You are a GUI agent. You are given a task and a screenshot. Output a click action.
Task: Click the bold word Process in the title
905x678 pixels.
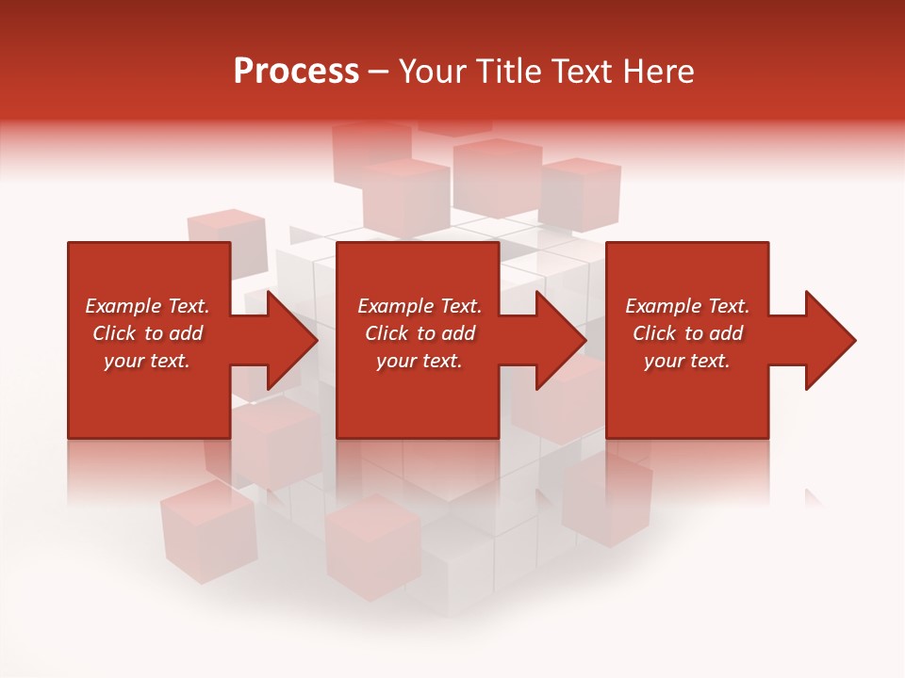point(296,72)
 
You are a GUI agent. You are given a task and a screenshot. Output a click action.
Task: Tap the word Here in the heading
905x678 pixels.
point(659,72)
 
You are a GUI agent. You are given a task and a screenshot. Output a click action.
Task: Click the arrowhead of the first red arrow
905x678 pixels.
point(288,340)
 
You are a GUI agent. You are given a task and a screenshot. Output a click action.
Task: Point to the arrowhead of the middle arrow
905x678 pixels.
point(557,340)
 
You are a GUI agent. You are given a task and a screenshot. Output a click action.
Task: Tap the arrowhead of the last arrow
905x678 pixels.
point(827,340)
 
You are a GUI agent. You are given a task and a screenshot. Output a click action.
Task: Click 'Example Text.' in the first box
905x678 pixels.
point(147,306)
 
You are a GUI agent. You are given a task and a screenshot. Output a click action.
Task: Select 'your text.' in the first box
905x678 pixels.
point(147,361)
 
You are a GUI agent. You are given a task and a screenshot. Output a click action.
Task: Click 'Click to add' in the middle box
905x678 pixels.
point(420,333)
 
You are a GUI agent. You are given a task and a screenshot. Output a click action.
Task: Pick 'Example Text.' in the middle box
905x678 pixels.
point(420,306)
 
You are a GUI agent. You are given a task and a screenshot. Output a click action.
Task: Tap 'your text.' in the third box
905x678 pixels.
point(687,361)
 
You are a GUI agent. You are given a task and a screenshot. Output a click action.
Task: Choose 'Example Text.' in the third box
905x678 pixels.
point(687,306)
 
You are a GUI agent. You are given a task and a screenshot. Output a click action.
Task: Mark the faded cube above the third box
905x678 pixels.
point(580,194)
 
